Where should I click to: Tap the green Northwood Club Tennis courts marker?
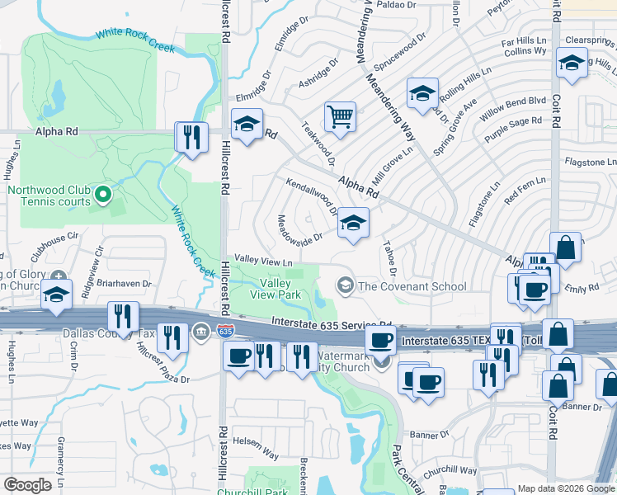pos(102,195)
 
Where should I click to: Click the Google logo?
pos(28,484)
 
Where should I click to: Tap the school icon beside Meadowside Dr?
pos(353,223)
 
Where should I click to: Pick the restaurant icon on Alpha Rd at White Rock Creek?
pos(192,136)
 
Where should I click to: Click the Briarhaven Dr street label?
pos(125,283)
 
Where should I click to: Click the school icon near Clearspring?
pos(571,63)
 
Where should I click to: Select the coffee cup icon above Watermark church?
pos(380,339)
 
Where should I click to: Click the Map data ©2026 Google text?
pos(566,488)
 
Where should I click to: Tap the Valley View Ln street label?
pos(264,261)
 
